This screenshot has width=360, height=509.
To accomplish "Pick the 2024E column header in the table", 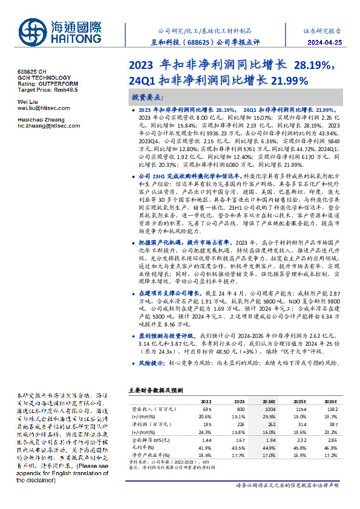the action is click(269, 401).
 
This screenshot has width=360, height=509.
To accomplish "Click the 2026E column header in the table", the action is click(330, 401).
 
